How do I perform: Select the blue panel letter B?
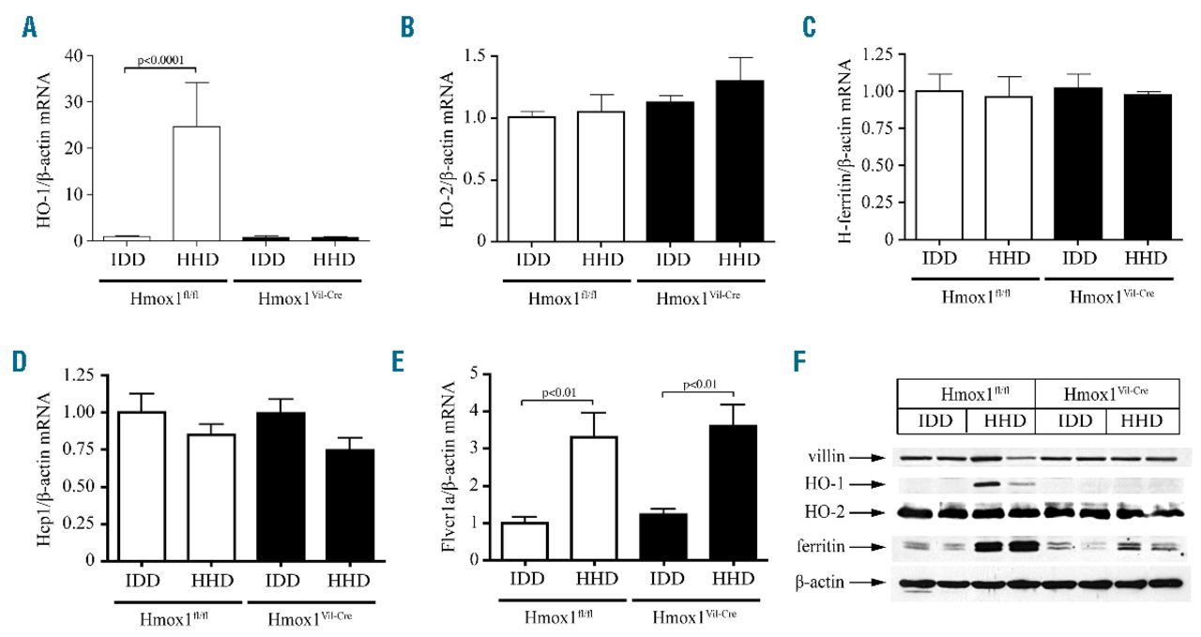tap(408, 27)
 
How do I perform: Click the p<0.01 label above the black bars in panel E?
tap(698, 384)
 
